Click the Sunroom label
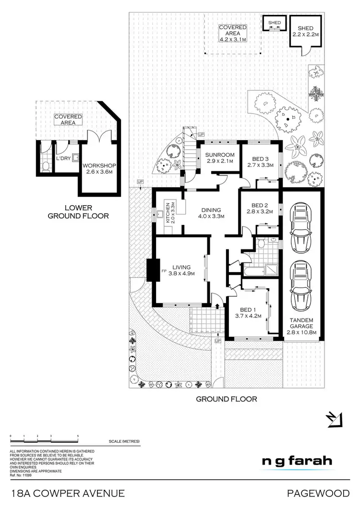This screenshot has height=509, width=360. pos(219,154)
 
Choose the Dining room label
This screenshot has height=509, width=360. pos(211,210)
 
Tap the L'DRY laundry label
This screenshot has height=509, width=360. pos(63,158)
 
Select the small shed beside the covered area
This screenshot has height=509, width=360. pos(275,23)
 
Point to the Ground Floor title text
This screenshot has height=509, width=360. pos(227,399)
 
